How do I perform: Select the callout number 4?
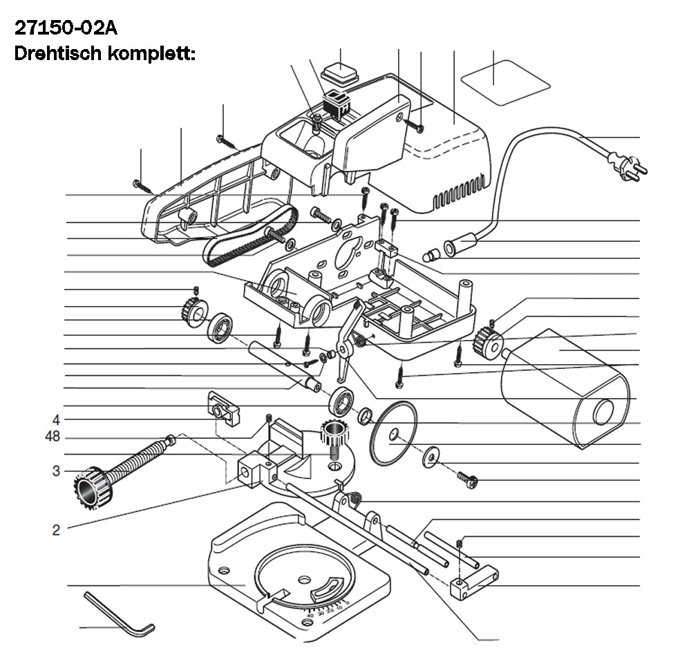click(x=56, y=420)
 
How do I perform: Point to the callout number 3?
click(x=56, y=471)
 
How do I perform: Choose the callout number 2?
click(x=56, y=531)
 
